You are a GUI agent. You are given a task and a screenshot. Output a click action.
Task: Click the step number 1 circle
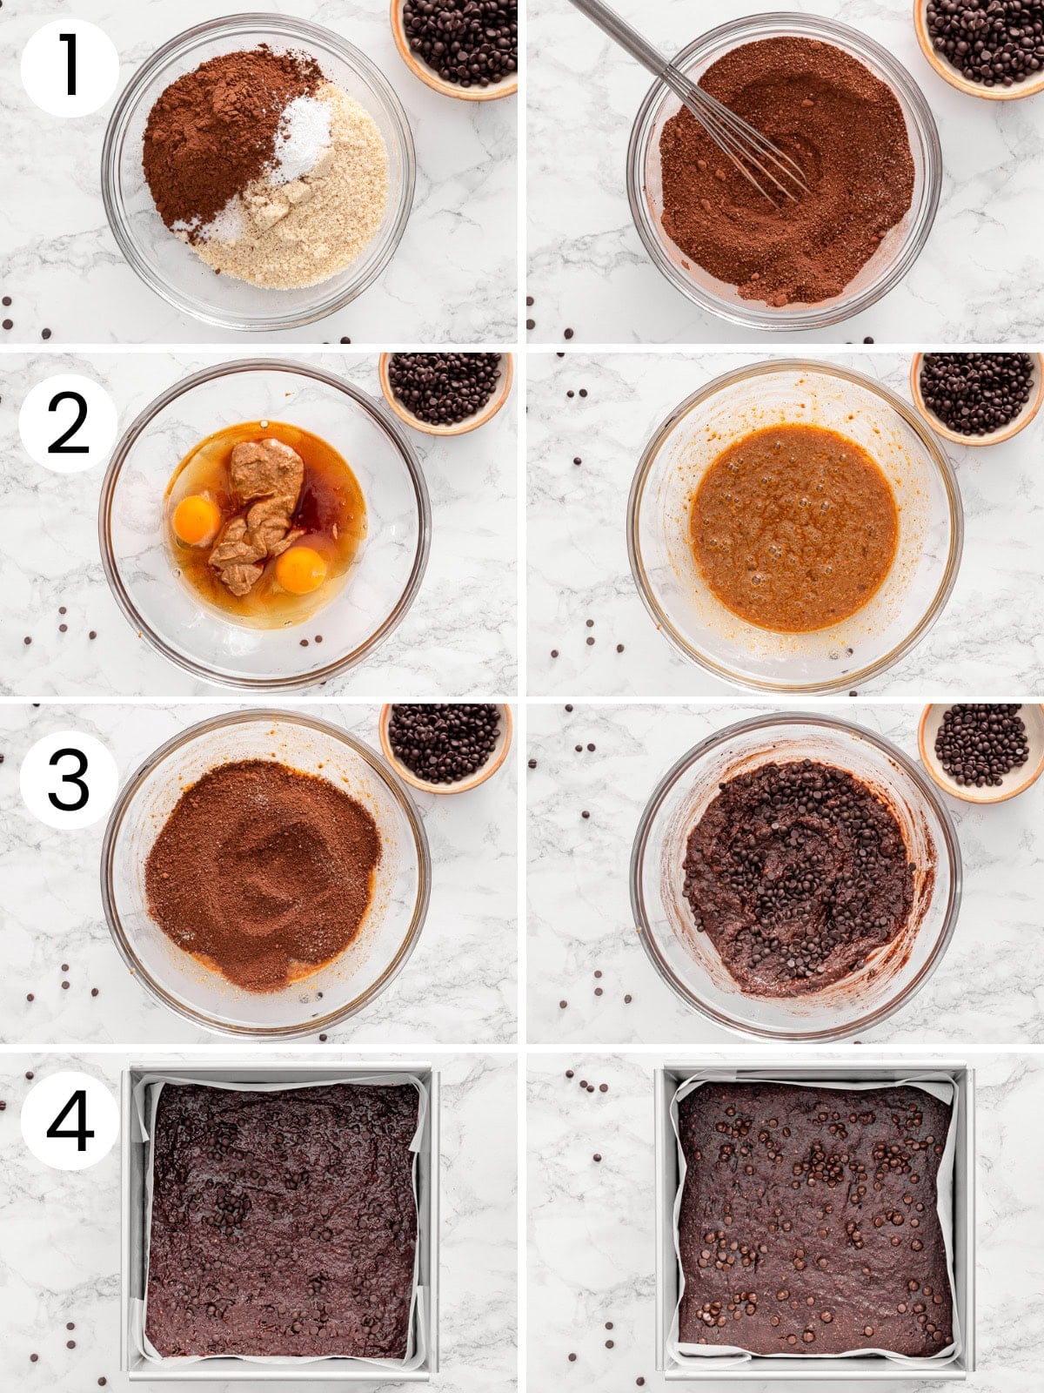tap(70, 68)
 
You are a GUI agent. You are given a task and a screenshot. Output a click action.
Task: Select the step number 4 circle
tap(70, 1120)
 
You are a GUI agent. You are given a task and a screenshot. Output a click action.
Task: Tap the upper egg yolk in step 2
tap(197, 520)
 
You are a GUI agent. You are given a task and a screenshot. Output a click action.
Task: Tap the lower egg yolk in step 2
tap(301, 570)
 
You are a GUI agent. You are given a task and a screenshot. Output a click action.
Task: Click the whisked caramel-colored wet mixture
tap(793, 528)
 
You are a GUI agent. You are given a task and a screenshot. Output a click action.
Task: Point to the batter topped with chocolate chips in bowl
tap(796, 875)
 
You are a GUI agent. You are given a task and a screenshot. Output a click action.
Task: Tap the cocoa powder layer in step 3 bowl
tap(261, 871)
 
